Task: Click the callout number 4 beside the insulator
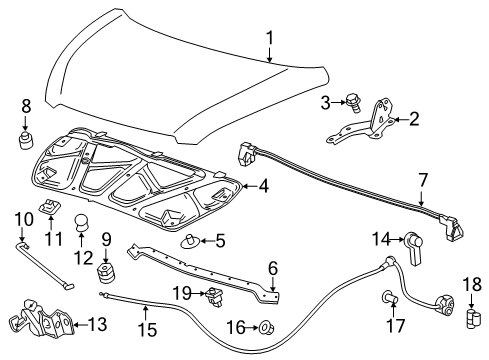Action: tap(263, 185)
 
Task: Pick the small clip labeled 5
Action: tap(190, 239)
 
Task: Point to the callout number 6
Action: tap(271, 269)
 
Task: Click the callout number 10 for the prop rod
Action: tap(22, 219)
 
